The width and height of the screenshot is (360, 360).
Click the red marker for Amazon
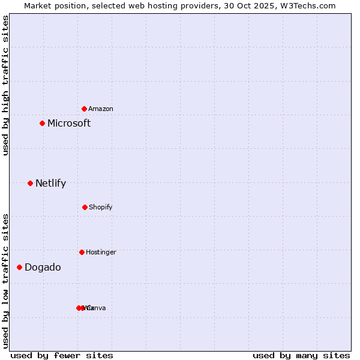coord(84,109)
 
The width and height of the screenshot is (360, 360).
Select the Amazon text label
coord(101,109)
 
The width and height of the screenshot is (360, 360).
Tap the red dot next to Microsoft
coord(42,123)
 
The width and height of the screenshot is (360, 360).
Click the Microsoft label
coord(69,124)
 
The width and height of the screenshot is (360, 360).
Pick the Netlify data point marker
coord(30,183)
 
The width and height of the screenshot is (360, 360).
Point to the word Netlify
coord(50,184)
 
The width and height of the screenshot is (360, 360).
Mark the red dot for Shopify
coord(85,207)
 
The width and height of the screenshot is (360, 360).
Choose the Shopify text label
coord(101,208)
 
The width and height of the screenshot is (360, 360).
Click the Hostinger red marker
coord(82,252)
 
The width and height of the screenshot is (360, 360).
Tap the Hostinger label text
coord(101,253)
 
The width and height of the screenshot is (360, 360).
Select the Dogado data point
coord(19,267)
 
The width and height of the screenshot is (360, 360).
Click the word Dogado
coord(43,268)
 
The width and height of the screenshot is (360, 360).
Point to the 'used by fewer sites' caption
coord(62,355)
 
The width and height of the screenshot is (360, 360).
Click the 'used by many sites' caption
coord(301,355)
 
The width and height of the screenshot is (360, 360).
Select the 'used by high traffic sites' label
coord(5,85)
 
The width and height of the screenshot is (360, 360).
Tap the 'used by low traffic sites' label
coord(5,281)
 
